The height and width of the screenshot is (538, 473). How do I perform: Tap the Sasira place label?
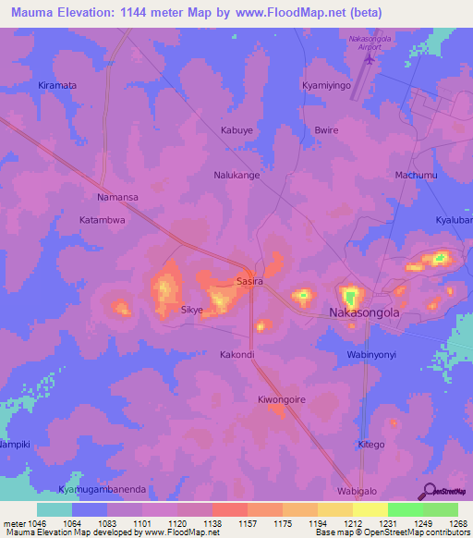[250, 280]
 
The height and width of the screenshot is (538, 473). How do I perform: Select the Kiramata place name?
[57, 85]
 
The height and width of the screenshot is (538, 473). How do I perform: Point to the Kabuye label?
[236, 130]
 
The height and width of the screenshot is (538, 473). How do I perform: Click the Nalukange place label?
[236, 174]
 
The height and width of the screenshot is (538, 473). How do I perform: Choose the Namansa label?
[117, 198]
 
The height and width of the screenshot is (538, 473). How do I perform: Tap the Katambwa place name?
[102, 221]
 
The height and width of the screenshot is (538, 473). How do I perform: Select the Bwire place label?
[327, 130]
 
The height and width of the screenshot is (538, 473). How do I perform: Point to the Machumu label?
[416, 175]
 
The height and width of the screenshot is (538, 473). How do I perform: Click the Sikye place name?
[191, 311]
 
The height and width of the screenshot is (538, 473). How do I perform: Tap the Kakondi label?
[236, 354]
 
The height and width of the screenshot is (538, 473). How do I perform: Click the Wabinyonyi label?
[372, 354]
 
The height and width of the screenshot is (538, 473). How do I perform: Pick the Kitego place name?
[371, 445]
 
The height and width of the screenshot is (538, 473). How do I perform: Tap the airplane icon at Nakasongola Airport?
[371, 60]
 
